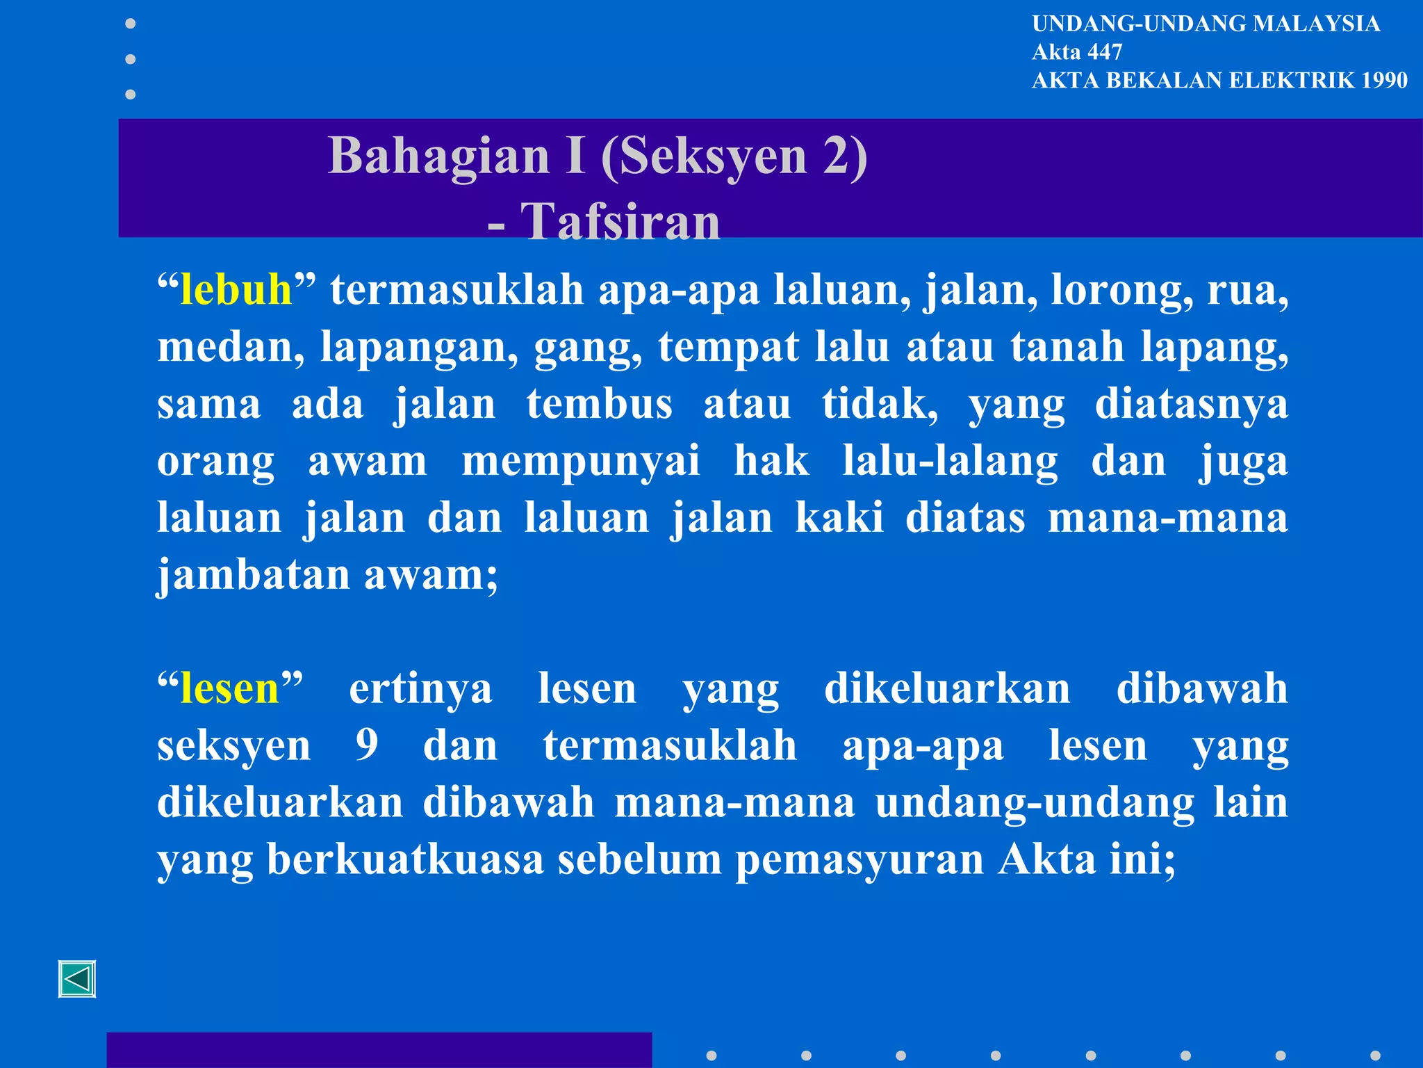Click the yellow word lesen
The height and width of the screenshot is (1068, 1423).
(x=229, y=688)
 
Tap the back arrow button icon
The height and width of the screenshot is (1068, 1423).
(x=77, y=979)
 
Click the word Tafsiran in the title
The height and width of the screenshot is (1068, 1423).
(x=620, y=222)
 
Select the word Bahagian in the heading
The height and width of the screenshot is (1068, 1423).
(x=439, y=156)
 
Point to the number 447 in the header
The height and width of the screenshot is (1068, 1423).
(x=1104, y=52)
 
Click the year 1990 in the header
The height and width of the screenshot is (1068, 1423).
(x=1384, y=81)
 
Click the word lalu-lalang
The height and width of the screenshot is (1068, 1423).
(x=950, y=461)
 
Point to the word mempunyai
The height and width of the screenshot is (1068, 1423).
(x=581, y=462)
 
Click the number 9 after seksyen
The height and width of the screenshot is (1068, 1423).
(x=367, y=745)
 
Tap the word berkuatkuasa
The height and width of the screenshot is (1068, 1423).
(x=405, y=859)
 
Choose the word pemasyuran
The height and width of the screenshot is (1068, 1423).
(x=859, y=860)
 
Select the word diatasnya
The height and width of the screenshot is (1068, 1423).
(x=1191, y=404)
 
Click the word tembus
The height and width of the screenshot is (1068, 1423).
(x=599, y=404)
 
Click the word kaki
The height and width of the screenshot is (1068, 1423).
(x=839, y=518)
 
